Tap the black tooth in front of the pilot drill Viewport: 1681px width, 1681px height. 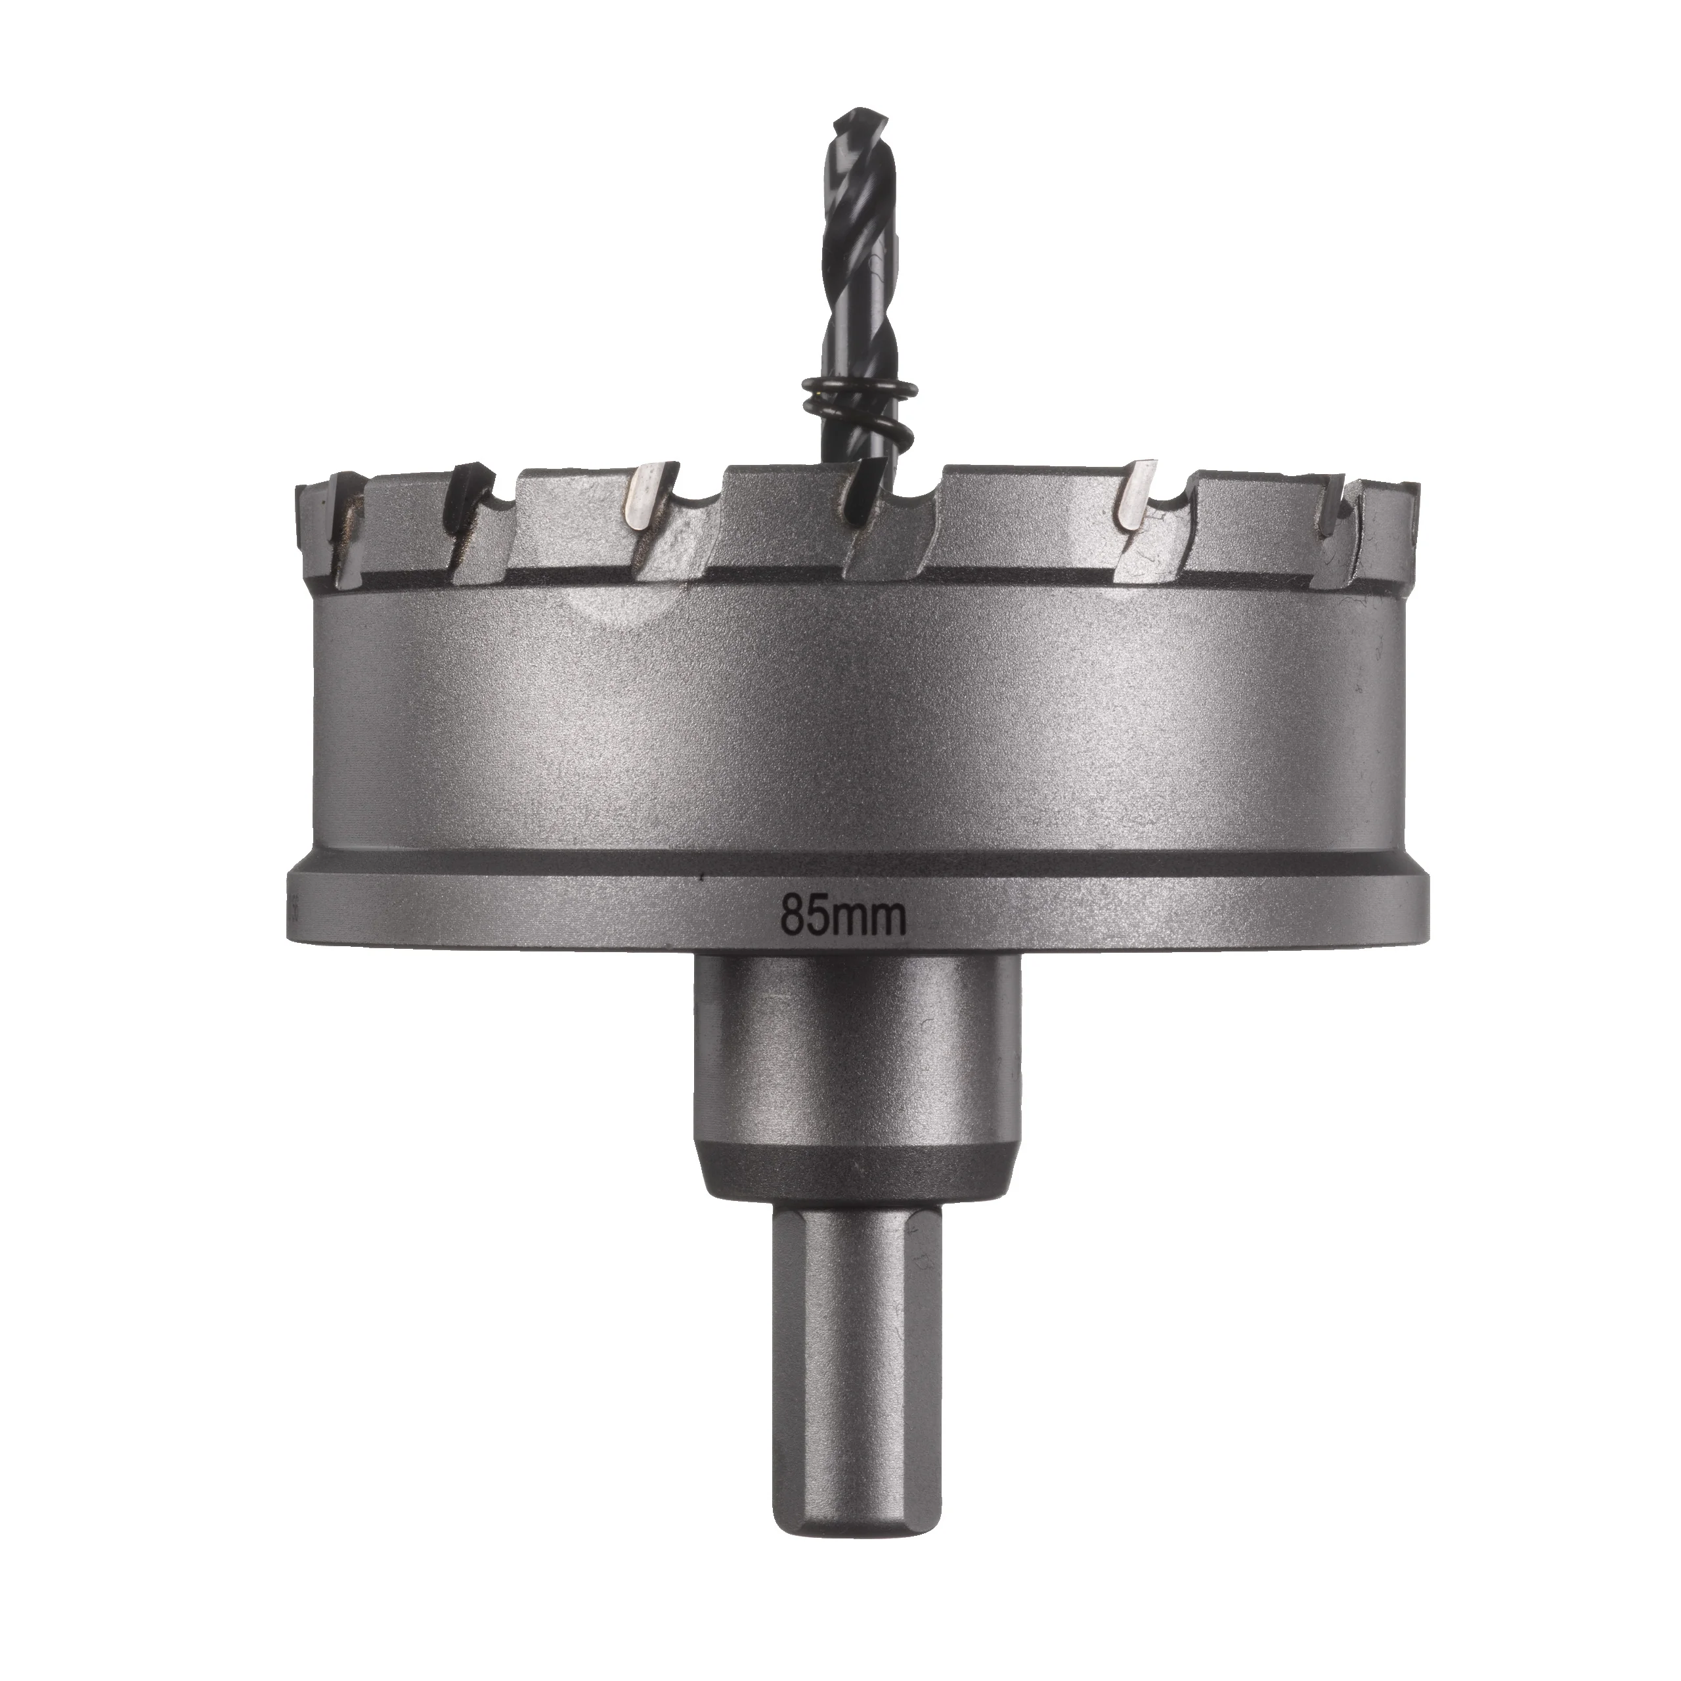tap(865, 505)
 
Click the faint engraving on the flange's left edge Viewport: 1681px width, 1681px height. tap(297, 909)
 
